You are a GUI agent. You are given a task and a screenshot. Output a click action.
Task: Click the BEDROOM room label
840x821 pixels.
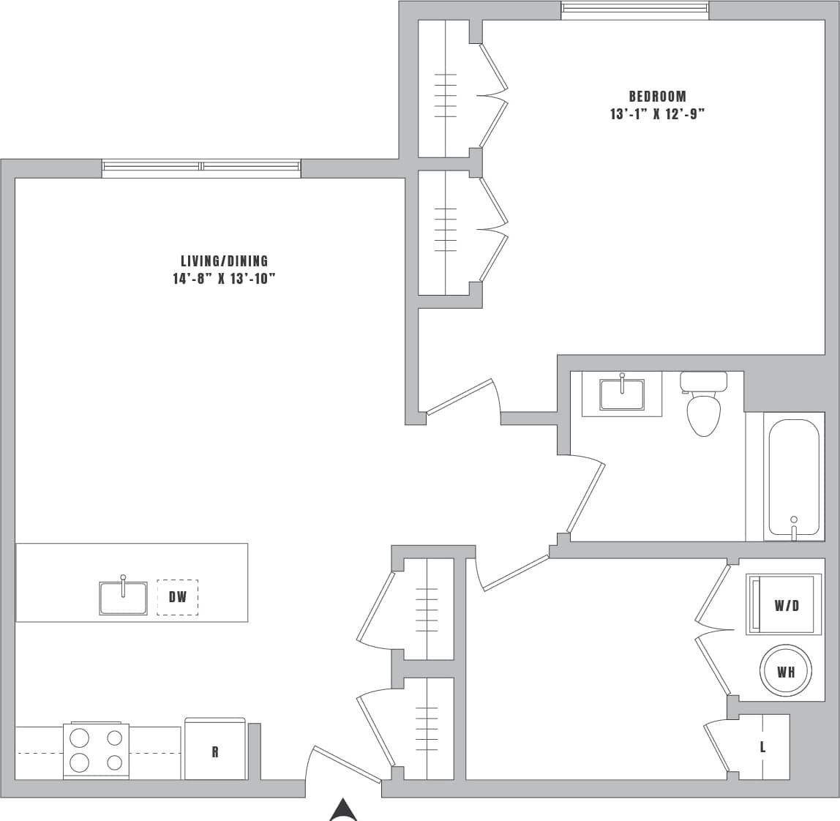click(x=657, y=97)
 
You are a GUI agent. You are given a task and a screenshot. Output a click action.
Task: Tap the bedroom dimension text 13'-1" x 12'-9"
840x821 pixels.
click(x=657, y=114)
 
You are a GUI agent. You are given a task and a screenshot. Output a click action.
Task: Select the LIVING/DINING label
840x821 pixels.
click(x=225, y=261)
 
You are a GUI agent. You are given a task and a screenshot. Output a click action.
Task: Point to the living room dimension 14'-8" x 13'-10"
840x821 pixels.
click(x=224, y=279)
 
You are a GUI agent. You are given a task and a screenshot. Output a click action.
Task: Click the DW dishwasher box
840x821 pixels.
click(x=178, y=597)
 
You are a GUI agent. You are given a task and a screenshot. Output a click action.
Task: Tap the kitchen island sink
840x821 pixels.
click(x=123, y=597)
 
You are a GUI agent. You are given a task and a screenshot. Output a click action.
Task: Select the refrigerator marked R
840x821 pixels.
click(x=214, y=751)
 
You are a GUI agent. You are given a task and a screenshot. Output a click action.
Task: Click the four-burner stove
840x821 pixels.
click(x=96, y=751)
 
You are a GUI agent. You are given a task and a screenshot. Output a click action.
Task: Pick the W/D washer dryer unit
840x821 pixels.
click(x=784, y=605)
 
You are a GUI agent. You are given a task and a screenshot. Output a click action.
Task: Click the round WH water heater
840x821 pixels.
click(x=786, y=671)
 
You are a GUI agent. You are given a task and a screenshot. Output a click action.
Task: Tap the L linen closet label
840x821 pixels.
click(x=762, y=747)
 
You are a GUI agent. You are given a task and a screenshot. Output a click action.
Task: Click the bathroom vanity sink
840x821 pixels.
click(x=621, y=395)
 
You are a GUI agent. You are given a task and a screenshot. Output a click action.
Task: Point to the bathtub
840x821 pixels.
click(x=793, y=479)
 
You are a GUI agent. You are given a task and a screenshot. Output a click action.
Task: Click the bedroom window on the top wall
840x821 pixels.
click(x=634, y=9)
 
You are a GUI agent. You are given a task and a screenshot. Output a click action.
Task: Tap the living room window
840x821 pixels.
click(x=201, y=168)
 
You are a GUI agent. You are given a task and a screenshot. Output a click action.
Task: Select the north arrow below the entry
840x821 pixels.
click(x=342, y=811)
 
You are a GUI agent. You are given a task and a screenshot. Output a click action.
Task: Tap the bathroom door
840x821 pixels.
click(x=586, y=496)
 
